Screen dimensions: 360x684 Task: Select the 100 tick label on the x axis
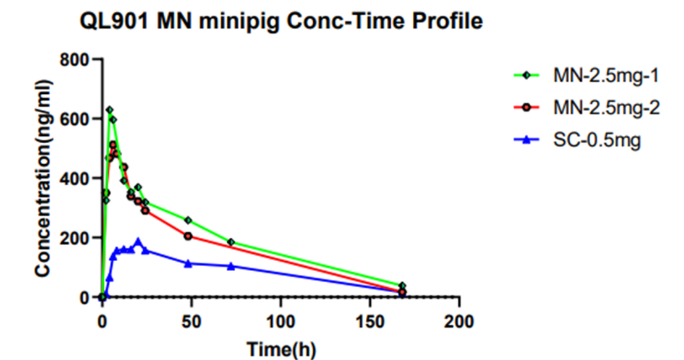[281, 322]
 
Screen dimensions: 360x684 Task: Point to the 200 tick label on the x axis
[459, 322]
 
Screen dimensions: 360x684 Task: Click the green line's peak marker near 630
[109, 110]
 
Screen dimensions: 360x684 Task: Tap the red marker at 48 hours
[188, 236]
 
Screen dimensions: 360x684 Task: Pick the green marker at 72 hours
[231, 242]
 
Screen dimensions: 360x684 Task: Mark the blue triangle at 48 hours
[188, 264]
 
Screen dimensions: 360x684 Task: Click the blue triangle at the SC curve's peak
[138, 241]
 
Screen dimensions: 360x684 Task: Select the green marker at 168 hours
[402, 286]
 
